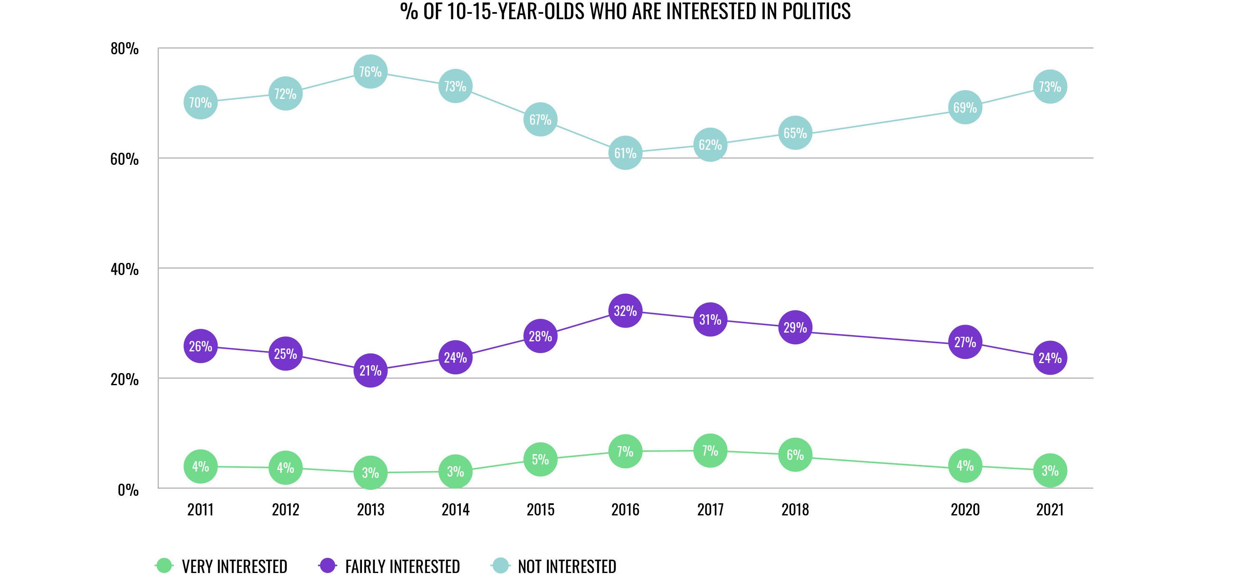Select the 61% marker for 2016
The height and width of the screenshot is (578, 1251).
coord(625,153)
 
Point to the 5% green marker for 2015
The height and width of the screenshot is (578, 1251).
coord(540,459)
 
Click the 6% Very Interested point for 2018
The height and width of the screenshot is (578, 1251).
coord(795,455)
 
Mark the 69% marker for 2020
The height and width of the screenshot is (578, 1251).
coord(965,107)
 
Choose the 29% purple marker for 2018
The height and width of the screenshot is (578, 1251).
coord(795,328)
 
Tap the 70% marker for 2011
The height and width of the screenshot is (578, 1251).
coord(201,103)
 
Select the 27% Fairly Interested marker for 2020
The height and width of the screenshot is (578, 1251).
coord(965,342)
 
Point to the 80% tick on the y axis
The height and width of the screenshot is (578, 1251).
coord(124,48)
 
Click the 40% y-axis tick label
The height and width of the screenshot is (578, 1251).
coord(124,269)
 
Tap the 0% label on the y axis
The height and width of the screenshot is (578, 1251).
coord(128,490)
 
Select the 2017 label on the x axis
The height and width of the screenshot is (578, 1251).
coord(711,510)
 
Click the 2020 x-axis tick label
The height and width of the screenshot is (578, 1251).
coord(965,510)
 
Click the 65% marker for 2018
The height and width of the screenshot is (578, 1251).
coord(795,133)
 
